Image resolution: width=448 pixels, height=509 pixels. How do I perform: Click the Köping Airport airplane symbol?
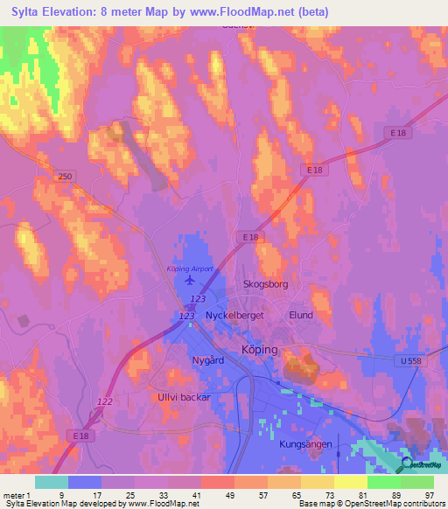192,280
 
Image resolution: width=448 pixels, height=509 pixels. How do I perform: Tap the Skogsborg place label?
265,285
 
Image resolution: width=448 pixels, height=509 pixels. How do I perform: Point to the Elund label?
300,315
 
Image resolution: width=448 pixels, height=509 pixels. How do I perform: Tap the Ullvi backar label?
183,397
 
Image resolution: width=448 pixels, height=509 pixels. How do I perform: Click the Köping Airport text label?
189,268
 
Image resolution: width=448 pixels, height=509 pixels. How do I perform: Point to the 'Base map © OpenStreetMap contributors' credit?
371,504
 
